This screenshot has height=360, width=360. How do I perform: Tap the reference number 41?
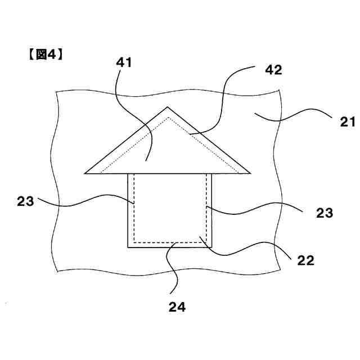[124, 62]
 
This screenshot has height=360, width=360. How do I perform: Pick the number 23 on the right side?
[325, 213]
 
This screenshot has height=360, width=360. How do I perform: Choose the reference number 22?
[306, 260]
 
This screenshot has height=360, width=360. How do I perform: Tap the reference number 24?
[177, 307]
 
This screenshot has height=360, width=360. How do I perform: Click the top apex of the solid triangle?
[167, 106]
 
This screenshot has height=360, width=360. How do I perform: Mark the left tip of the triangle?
[85, 173]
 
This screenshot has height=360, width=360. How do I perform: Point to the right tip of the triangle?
[249, 173]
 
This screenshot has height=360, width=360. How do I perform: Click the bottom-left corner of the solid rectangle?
[128, 247]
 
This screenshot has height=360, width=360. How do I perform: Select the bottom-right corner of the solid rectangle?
[212, 247]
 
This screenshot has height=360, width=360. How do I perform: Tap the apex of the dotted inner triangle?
[167, 118]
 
